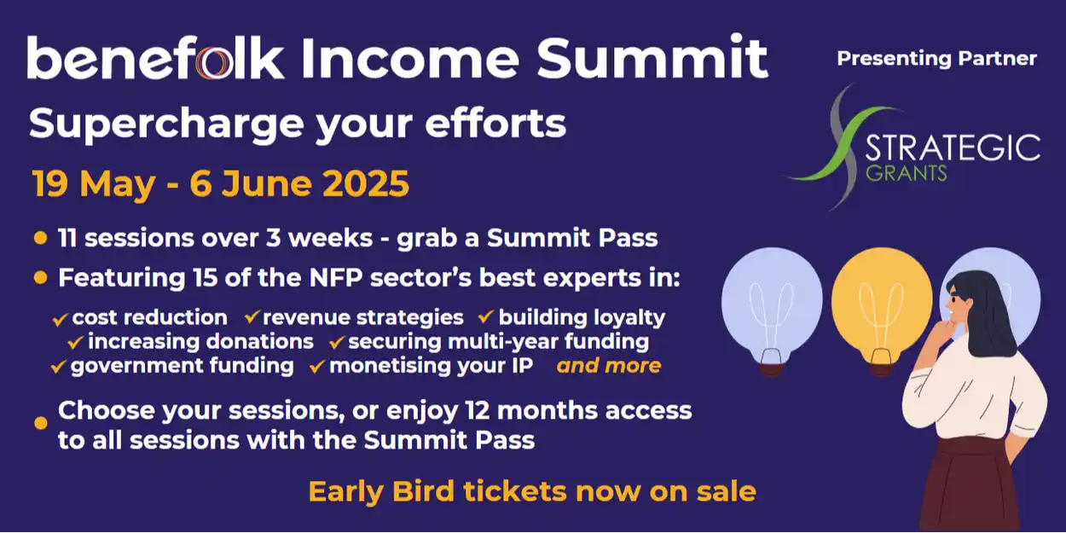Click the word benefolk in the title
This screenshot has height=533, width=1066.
155,58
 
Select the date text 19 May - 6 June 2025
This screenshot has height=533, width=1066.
221,184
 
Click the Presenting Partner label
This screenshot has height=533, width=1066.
936,59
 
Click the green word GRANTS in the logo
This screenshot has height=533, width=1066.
906,173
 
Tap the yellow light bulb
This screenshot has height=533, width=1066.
881,303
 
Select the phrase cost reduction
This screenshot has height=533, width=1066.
149,318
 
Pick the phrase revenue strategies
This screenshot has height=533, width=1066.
363,318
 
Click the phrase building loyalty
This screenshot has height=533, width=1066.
582,318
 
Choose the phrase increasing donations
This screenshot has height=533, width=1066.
200,342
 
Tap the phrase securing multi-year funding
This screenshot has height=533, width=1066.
498,342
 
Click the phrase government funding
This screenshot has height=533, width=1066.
182,366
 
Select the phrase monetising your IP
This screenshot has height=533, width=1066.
432,366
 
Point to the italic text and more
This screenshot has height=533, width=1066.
609,366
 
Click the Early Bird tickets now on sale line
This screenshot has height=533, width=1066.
532,491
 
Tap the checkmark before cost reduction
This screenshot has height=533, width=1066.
60,319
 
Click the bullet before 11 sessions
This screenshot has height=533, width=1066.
40,238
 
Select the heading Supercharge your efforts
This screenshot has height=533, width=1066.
298,124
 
